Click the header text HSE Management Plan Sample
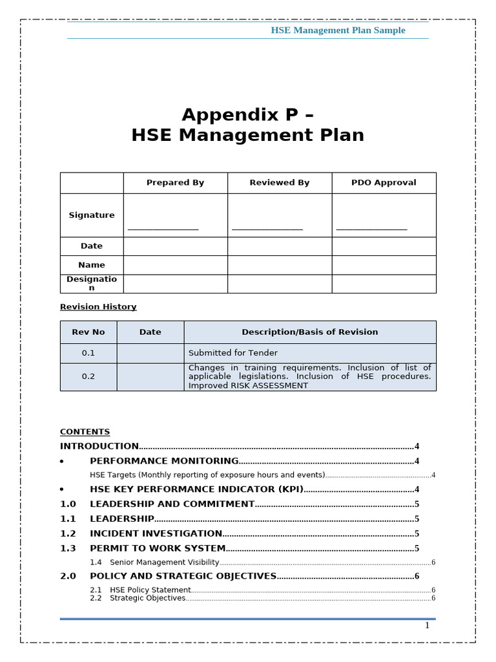[x=338, y=30]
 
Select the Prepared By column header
[x=175, y=183]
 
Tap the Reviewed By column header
[x=279, y=183]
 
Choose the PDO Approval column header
[x=384, y=183]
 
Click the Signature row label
[x=92, y=215]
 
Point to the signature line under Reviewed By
[x=267, y=229]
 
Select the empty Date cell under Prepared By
[x=175, y=246]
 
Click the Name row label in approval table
[x=92, y=265]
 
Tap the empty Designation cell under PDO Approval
[x=384, y=284]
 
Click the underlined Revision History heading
[x=98, y=307]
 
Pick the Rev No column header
[x=88, y=332]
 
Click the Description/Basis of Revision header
[x=309, y=332]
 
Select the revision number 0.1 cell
[x=88, y=353]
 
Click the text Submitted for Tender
[x=233, y=353]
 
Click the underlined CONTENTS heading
[x=85, y=432]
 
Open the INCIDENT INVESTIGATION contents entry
[x=156, y=534]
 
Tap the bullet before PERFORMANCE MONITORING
[x=61, y=462]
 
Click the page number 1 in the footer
[x=427, y=625]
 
